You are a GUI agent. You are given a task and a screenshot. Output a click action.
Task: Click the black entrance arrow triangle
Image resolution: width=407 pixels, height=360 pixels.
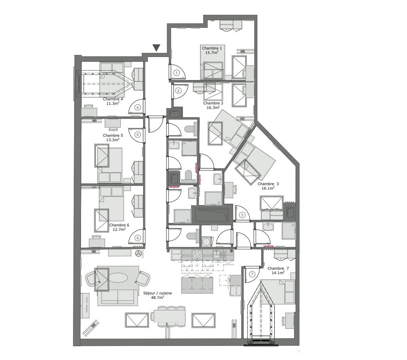(x=156, y=48)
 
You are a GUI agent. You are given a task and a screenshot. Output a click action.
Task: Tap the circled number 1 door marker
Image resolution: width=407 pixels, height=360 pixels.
(x=176, y=73)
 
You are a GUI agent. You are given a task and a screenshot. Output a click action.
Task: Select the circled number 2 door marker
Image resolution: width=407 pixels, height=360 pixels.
(x=178, y=91)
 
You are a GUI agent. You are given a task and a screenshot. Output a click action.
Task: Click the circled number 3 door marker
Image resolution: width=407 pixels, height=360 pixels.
(x=242, y=215)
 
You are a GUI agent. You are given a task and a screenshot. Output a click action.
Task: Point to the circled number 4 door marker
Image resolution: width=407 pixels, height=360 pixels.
(x=138, y=108)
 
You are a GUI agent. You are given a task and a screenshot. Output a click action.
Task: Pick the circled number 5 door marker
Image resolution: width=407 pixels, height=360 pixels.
(x=138, y=135)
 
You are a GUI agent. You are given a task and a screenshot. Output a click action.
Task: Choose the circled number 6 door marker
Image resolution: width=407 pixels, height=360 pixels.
(x=138, y=238)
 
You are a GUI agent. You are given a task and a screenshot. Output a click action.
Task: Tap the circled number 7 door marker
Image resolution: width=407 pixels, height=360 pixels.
(x=252, y=274)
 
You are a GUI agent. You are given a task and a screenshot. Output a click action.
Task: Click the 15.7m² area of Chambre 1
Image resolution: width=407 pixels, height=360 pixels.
(x=212, y=53)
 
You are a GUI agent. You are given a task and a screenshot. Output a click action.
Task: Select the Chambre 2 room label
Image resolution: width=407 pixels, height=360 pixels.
(x=213, y=103)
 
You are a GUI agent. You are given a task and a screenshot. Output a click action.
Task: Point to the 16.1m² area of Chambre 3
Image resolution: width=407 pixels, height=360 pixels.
(x=268, y=188)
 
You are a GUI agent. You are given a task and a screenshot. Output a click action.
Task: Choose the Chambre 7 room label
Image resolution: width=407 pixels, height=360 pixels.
(x=278, y=268)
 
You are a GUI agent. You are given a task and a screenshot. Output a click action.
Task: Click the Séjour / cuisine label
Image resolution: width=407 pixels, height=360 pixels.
(x=157, y=293)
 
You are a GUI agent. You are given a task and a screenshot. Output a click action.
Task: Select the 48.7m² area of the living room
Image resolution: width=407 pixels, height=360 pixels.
(x=157, y=297)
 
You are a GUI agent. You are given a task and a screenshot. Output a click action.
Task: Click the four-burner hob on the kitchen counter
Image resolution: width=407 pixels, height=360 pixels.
(x=197, y=255)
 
